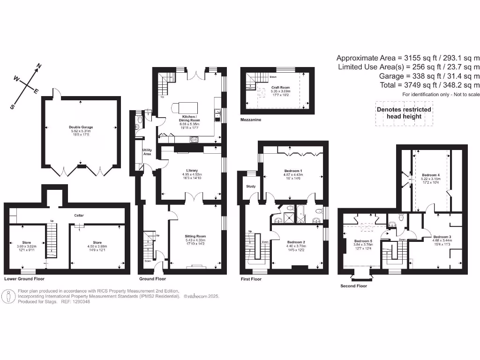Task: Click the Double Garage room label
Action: [x=81, y=127]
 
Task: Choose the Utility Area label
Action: [x=147, y=152]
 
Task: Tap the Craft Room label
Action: [x=281, y=88]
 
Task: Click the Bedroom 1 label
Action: [x=293, y=171]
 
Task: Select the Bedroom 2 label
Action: [x=296, y=242]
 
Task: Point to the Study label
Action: [x=251, y=187]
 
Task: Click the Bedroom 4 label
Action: [x=431, y=174]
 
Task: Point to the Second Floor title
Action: [x=354, y=285]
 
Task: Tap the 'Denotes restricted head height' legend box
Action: [x=404, y=113]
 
